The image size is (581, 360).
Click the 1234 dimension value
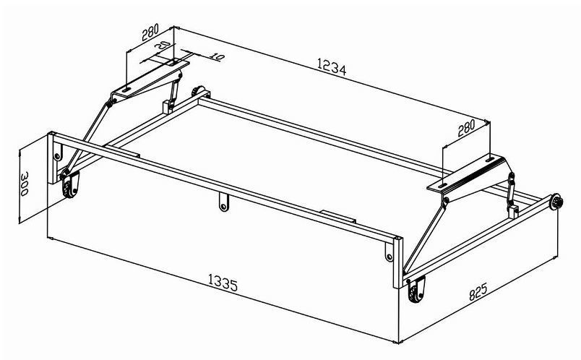[332, 67]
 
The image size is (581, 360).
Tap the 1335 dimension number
[223, 283]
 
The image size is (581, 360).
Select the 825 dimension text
[478, 291]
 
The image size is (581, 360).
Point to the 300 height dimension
[25, 184]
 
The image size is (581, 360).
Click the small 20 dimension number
[162, 46]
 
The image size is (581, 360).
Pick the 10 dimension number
[217, 56]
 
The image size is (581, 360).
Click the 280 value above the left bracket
[150, 32]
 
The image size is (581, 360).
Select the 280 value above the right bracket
[466, 128]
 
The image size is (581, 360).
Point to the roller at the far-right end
[556, 202]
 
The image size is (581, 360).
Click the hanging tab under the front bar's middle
[223, 202]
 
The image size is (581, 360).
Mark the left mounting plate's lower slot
[126, 90]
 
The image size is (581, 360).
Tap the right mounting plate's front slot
[442, 185]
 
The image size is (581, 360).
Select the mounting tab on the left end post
[57, 152]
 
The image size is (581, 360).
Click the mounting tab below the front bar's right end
[389, 252]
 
